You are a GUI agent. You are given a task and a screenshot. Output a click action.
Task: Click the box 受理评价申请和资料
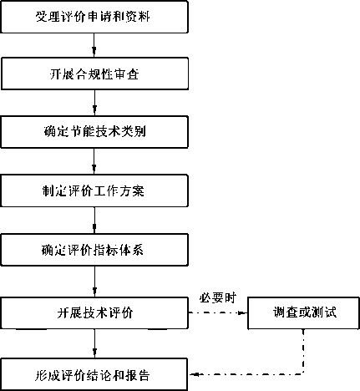[94, 17]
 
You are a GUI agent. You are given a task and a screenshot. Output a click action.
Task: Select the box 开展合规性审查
[94, 74]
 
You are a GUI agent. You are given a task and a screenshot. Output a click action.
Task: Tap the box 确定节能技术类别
[94, 132]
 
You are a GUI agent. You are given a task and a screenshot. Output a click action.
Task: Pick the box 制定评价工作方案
[94, 190]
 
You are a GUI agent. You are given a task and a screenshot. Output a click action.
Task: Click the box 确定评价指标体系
[94, 250]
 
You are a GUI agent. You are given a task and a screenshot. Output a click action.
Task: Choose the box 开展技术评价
[94, 313]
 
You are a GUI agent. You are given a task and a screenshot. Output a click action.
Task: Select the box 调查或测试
[303, 313]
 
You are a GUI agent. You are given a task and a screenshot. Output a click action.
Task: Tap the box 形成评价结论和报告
[94, 374]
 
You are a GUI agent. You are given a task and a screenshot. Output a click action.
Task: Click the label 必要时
[218, 298]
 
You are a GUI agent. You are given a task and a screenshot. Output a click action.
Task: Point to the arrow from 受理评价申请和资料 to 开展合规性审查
[94, 45]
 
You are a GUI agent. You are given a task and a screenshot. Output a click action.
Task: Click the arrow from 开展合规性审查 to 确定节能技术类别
[94, 103]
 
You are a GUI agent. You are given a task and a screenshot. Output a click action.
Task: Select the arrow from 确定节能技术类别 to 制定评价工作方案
[94, 161]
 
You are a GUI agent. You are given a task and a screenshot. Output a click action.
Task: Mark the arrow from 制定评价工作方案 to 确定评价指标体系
[94, 221]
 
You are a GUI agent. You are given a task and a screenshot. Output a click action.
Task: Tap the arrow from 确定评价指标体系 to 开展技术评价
[94, 282]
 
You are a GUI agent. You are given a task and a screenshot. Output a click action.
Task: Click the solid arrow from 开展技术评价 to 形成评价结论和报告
[94, 343]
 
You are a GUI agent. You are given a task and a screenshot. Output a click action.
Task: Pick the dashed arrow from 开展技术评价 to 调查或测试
[218, 313]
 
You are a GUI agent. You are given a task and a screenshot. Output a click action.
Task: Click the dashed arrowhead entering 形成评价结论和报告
[194, 374]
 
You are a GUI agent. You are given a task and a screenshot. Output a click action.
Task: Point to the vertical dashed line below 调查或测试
[303, 352]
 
